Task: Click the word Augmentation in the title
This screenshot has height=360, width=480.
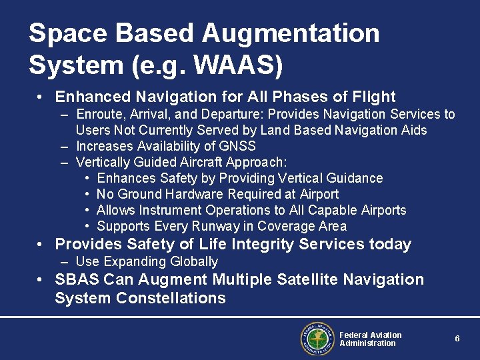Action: [x=291, y=33]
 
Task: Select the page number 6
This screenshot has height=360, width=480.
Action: [x=457, y=339]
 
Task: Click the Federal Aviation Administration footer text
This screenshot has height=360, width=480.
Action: [x=370, y=339]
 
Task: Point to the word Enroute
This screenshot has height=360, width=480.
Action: [x=97, y=114]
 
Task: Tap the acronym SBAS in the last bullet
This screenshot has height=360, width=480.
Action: [x=75, y=279]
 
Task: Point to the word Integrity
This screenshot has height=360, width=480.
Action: [x=265, y=244]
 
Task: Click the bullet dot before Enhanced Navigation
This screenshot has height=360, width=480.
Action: [x=41, y=97]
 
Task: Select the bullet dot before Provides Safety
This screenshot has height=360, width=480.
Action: [x=41, y=245]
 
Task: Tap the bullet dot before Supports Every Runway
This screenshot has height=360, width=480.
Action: [x=88, y=226]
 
